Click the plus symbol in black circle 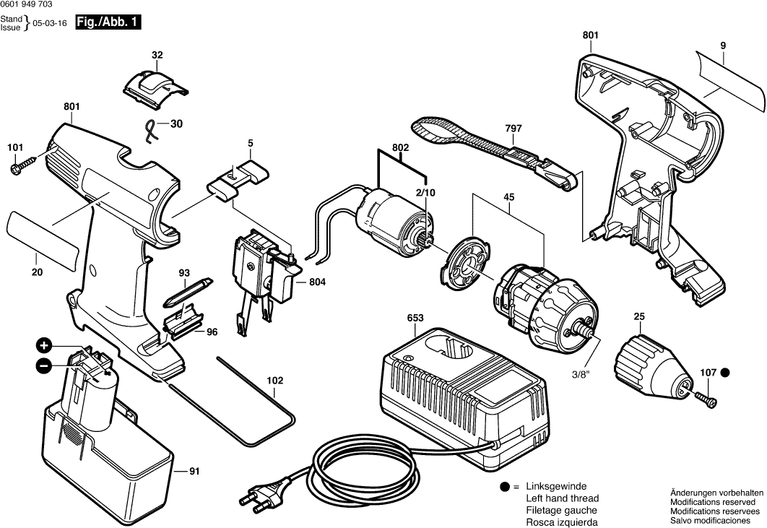click(x=44, y=345)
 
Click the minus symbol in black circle click(x=43, y=365)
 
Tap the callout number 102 click(x=275, y=381)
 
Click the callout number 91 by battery click(x=194, y=472)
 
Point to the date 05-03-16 click(x=54, y=23)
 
